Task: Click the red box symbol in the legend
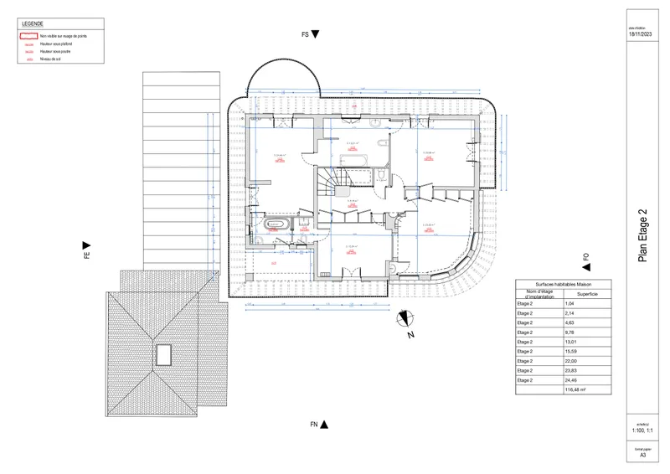click(29, 37)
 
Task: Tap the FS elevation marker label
click(306, 34)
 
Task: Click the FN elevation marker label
click(313, 425)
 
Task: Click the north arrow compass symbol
click(405, 317)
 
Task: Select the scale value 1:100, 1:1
click(642, 430)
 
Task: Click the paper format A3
click(642, 456)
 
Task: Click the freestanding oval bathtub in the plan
click(276, 224)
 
